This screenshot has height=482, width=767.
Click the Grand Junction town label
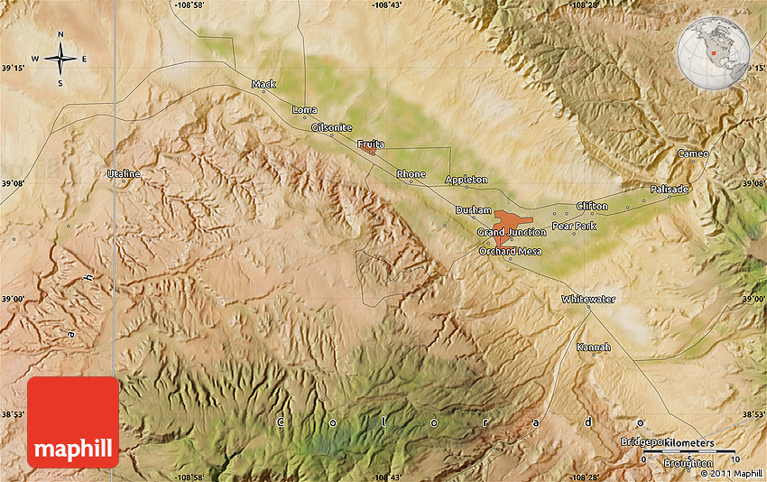(x=512, y=232)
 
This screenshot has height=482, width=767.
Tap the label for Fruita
(x=370, y=144)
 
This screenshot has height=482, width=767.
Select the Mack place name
(x=263, y=84)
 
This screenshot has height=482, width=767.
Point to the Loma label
(x=305, y=110)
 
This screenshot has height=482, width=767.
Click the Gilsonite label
(x=331, y=128)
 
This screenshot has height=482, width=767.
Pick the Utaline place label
(x=124, y=172)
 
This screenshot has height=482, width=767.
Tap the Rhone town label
(x=411, y=173)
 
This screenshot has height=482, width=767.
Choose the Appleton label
(x=467, y=180)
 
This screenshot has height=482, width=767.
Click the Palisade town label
(x=670, y=190)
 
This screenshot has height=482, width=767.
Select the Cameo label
(x=693, y=153)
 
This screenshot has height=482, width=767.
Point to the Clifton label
(x=592, y=206)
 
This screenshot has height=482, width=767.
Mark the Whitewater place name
(x=588, y=299)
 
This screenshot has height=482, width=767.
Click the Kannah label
(x=594, y=347)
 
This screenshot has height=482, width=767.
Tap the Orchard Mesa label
(x=510, y=251)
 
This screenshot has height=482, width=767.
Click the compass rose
(x=60, y=60)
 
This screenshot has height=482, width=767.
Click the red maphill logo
(x=73, y=422)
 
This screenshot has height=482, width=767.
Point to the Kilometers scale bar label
(x=688, y=443)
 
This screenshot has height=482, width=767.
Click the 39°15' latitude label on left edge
(x=14, y=67)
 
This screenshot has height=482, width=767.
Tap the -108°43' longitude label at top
(x=386, y=5)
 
